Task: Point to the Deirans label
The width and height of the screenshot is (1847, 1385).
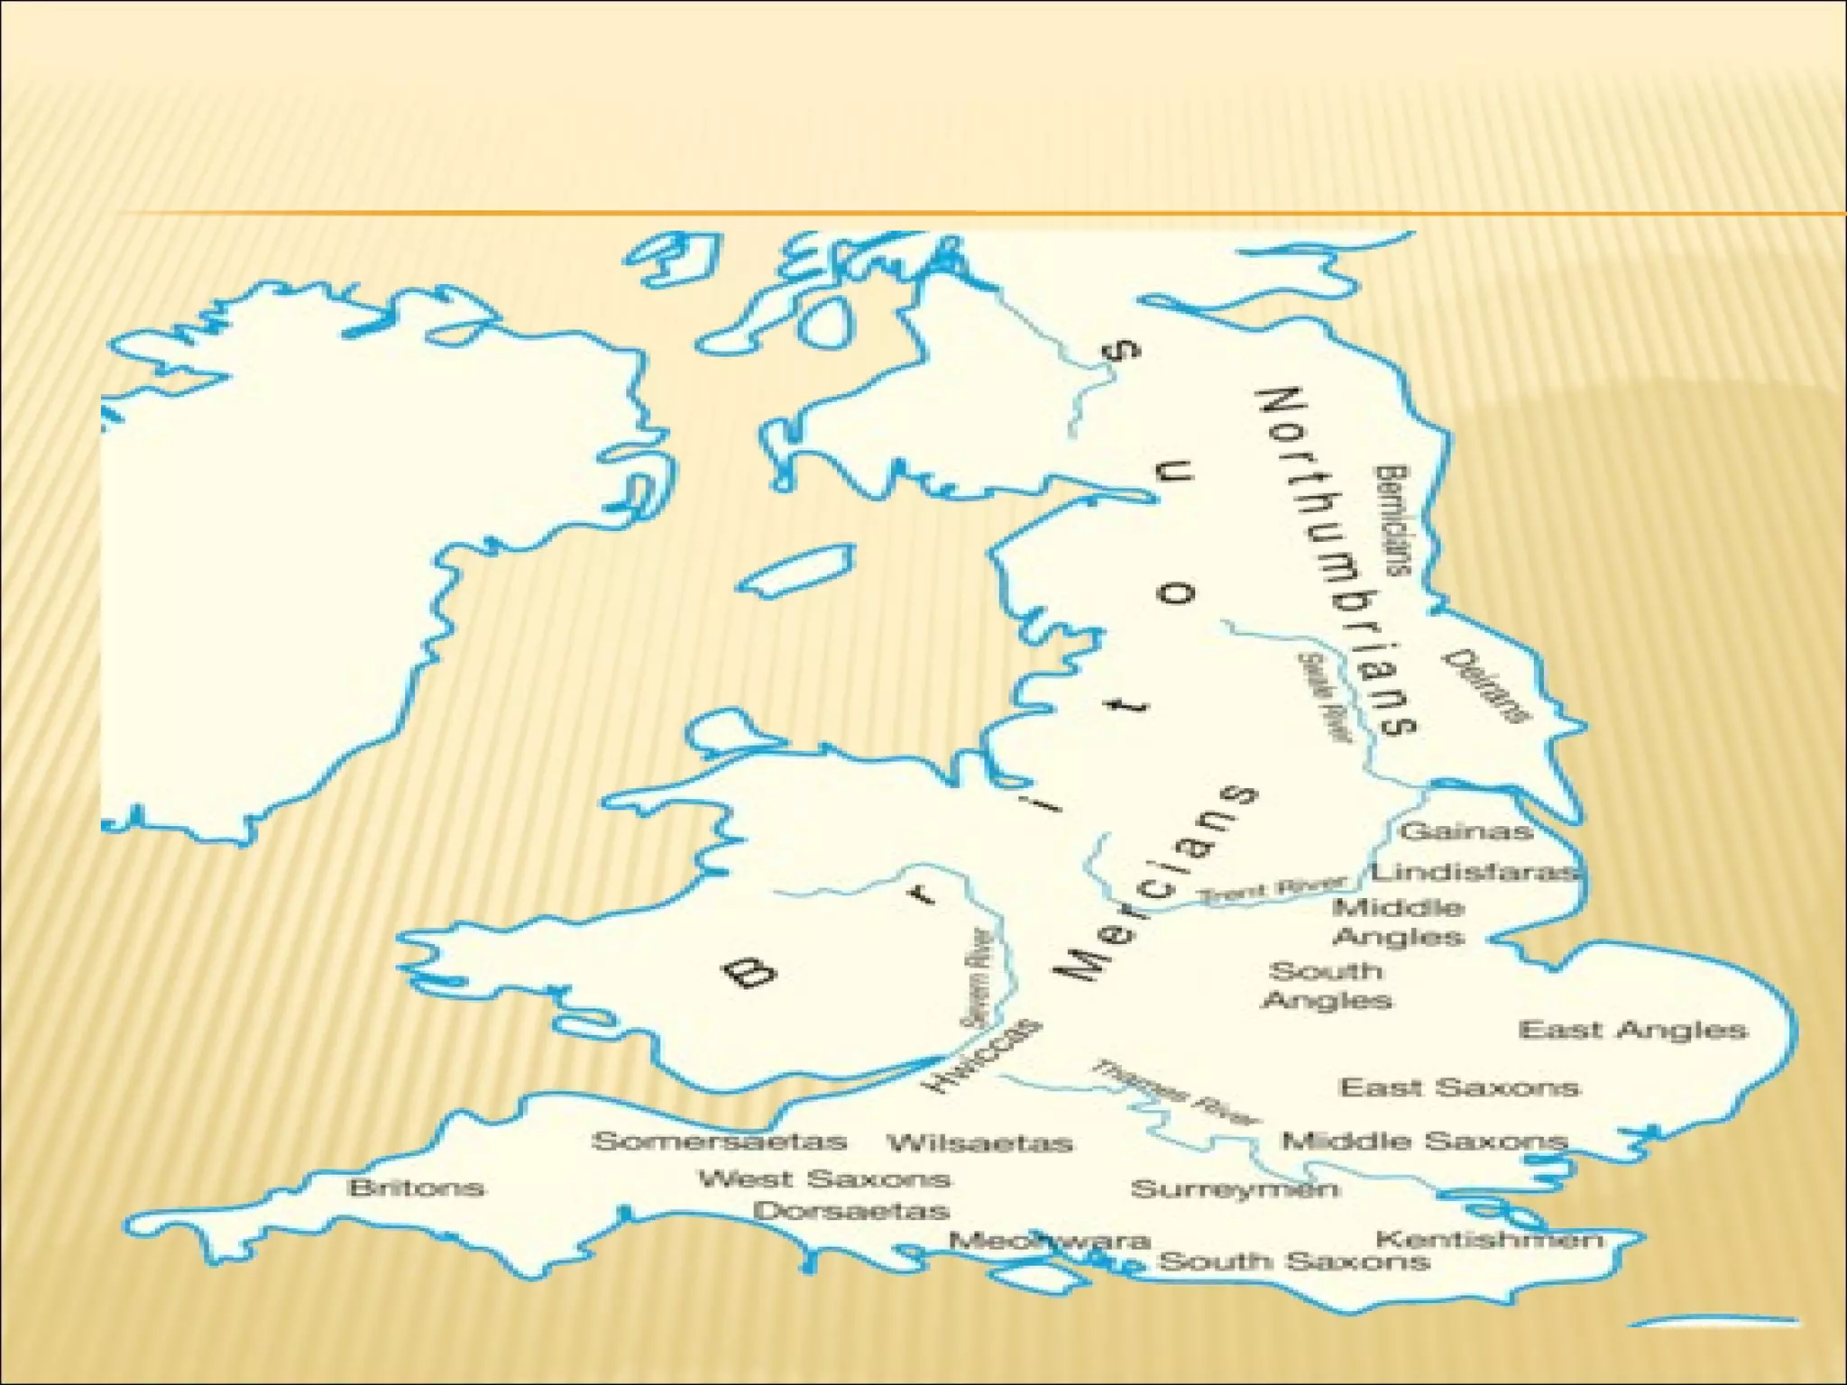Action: coord(1487,686)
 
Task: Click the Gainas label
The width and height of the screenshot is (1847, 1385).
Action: coord(1466,830)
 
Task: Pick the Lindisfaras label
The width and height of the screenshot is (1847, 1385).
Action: coord(1475,872)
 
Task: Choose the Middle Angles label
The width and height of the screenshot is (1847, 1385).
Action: coord(1399,922)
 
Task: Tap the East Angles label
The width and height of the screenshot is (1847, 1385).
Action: coord(1632,1030)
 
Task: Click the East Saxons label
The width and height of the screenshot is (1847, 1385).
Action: coord(1459,1087)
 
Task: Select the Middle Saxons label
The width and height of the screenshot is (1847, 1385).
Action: coord(1425,1142)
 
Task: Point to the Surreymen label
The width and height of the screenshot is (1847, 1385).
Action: coord(1235,1189)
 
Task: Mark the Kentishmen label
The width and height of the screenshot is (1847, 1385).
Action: coord(1490,1240)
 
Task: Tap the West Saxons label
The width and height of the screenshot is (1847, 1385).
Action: coord(824,1179)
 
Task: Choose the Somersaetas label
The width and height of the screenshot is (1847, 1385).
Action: coord(719,1142)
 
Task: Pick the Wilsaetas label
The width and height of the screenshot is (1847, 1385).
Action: coord(980,1143)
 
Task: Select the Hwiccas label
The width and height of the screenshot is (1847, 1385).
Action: coord(981,1056)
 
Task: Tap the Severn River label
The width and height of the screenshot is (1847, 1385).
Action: coord(977,978)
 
